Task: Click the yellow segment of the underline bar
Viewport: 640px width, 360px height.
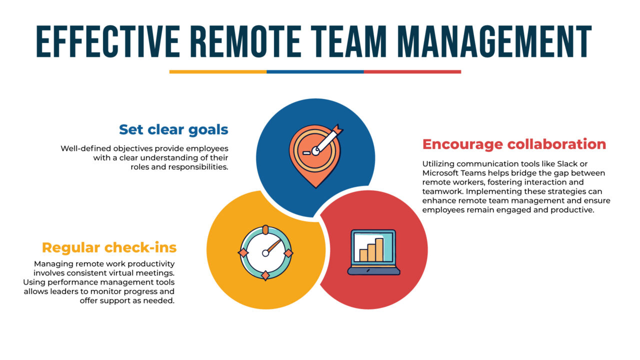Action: coord(217,71)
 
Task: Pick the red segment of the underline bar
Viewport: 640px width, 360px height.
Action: coord(412,71)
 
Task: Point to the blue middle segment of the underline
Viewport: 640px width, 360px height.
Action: coord(315,71)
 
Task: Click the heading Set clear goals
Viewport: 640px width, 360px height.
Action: coord(173,129)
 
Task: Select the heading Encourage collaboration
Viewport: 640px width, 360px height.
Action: coord(514,144)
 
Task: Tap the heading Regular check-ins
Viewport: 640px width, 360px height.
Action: coord(109,247)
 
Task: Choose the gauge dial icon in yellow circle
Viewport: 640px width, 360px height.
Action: coord(265,252)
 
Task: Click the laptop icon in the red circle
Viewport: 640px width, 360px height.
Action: coord(373,252)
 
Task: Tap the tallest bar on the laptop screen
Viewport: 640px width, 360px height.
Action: coord(379,249)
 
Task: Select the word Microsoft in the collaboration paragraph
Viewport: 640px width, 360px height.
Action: coord(442,173)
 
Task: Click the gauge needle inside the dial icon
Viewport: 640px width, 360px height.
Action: coord(272,245)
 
